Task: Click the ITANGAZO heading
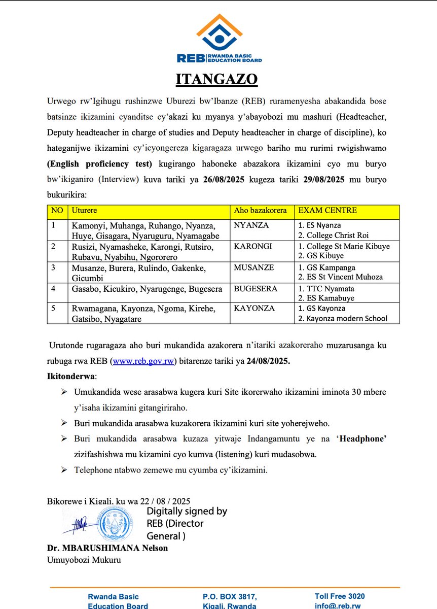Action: (x=216, y=80)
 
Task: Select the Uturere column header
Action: (x=84, y=211)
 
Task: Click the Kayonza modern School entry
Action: (x=343, y=319)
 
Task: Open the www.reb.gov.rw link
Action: (x=145, y=361)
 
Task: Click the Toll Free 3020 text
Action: (x=339, y=596)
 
